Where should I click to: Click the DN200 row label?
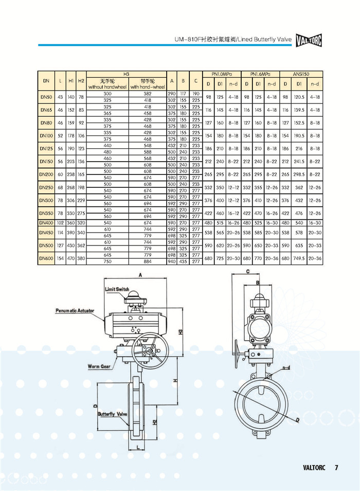point(46,175)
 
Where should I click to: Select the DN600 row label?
point(46,258)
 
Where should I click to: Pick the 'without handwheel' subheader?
point(107,86)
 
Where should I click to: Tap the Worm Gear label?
point(98,366)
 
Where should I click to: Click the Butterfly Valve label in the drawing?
point(113,414)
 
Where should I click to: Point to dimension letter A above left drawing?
point(140,275)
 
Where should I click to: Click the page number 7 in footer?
point(336,468)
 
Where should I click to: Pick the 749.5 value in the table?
point(297,258)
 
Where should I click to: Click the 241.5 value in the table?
point(297,161)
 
